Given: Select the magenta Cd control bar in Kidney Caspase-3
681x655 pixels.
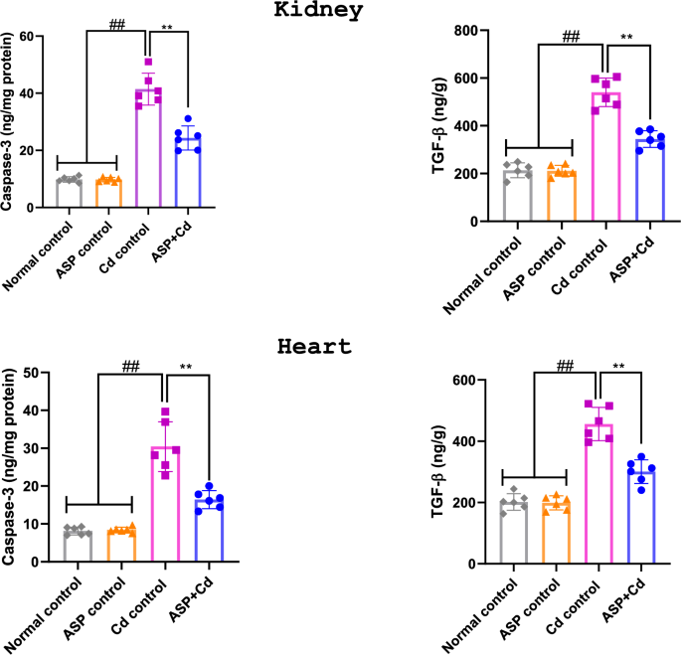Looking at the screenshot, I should tap(148, 149).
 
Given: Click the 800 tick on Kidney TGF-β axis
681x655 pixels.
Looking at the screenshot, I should tap(468, 31).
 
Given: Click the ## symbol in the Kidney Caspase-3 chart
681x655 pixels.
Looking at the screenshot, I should tap(116, 22).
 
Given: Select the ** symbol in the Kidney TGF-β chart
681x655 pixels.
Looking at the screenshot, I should tap(627, 38).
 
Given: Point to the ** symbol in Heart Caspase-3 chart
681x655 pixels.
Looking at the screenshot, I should tap(185, 367).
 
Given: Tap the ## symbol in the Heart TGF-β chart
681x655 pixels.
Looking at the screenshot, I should tap(566, 365).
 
